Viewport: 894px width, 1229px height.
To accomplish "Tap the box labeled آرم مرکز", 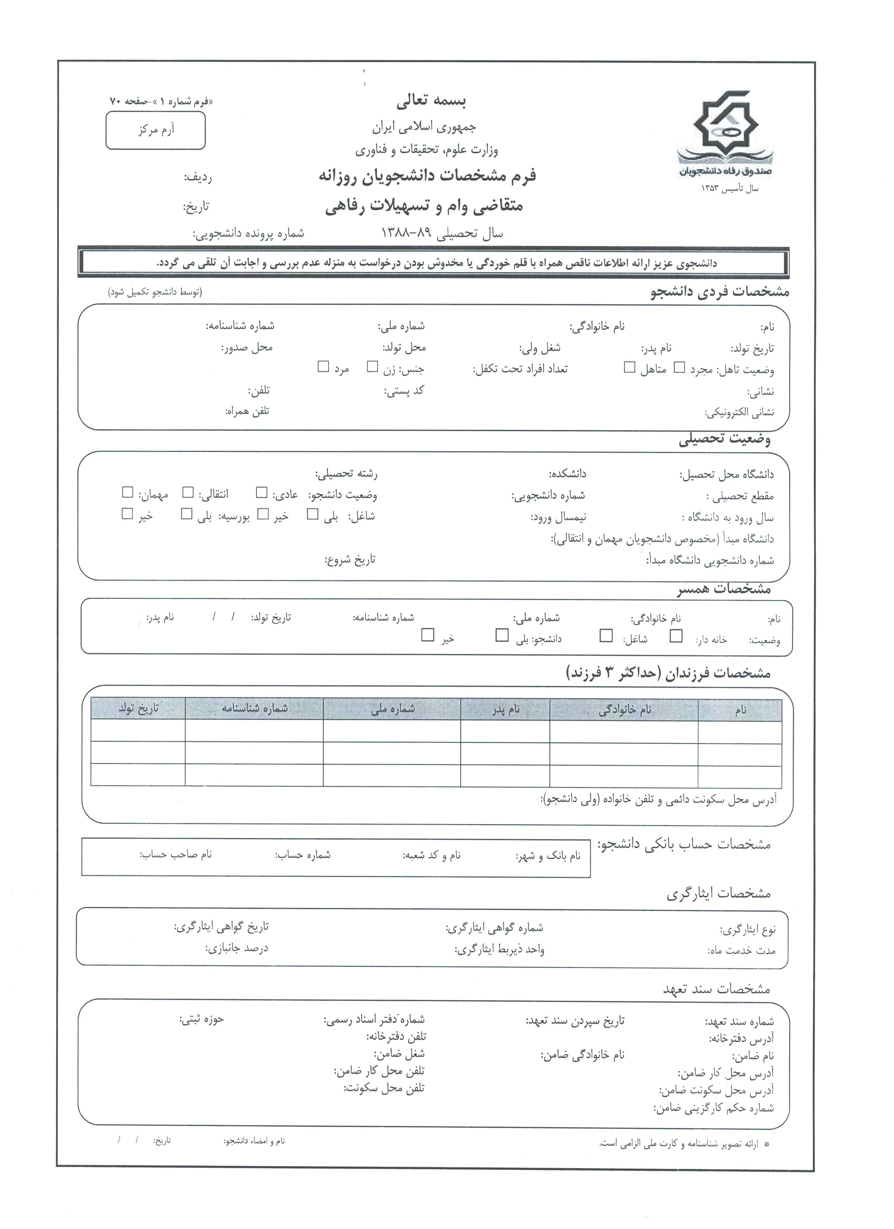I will [156, 130].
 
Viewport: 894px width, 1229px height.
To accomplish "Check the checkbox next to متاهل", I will [629, 368].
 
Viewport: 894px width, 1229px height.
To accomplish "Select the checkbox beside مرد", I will [323, 367].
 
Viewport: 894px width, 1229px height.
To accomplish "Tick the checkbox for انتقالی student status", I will [188, 492].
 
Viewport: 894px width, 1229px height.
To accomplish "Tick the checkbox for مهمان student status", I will [127, 492].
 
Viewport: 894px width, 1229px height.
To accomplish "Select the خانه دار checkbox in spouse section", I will [676, 636].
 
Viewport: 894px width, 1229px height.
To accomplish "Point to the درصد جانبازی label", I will [236, 948].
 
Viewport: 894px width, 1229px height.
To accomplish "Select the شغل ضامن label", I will [399, 1054].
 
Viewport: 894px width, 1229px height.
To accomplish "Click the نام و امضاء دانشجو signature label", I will [254, 1141].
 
